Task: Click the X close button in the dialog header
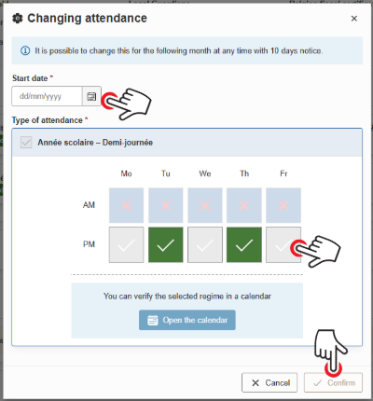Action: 353,18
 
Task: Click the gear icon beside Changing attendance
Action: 19,18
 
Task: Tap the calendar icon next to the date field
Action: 91,96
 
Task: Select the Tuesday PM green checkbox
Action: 165,245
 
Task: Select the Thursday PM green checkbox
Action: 243,245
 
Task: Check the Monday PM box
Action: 126,245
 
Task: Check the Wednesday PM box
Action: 204,245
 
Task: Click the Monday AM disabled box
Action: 126,204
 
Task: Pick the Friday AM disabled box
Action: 283,204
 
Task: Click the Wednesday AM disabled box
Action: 204,204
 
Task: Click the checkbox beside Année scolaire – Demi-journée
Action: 26,143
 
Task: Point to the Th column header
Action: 243,173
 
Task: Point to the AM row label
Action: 90,204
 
